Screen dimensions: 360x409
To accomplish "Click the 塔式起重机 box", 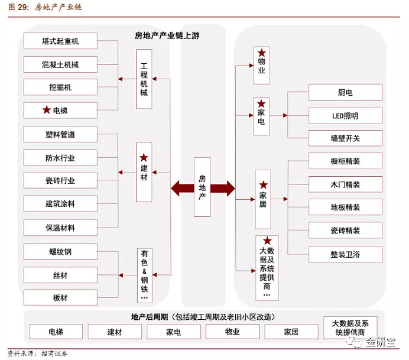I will coord(60,41).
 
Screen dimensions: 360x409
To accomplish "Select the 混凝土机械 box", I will coord(60,64).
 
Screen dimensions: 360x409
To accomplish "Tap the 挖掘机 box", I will coord(60,87).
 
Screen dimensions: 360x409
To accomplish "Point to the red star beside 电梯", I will coord(47,110).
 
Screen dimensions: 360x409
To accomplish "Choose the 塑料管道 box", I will coord(60,134).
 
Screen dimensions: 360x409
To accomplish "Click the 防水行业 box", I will coord(60,158).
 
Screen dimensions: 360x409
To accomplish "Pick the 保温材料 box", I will coord(60,228).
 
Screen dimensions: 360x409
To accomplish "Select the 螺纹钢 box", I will coord(60,251).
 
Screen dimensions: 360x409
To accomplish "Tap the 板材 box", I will coord(60,297).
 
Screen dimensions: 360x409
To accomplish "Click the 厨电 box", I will coord(345,92).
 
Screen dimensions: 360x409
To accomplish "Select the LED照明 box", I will coord(345,115).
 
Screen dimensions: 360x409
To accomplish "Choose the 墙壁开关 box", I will coord(345,138).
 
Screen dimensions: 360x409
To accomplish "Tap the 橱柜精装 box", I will coord(345,161).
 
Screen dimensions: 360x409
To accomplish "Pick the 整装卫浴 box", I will coord(345,254).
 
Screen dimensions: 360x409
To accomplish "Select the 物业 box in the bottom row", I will coord(232,332).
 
